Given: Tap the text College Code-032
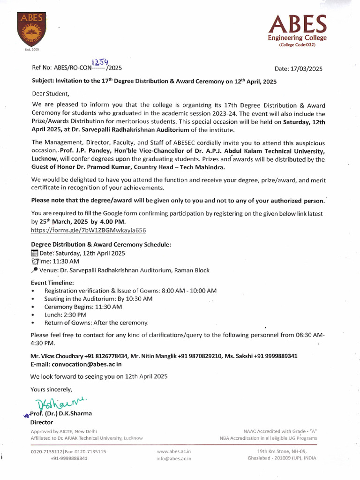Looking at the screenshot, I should click(297, 45).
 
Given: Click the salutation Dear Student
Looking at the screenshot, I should click(50, 93).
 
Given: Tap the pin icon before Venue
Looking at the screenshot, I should click(34, 270).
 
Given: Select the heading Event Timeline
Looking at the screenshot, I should click(52, 283).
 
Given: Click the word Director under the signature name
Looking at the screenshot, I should click(42, 422).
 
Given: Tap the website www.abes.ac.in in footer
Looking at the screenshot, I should click(174, 451).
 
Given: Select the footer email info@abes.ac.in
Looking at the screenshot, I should click(174, 458).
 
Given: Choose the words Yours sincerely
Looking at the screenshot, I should click(52, 389).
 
